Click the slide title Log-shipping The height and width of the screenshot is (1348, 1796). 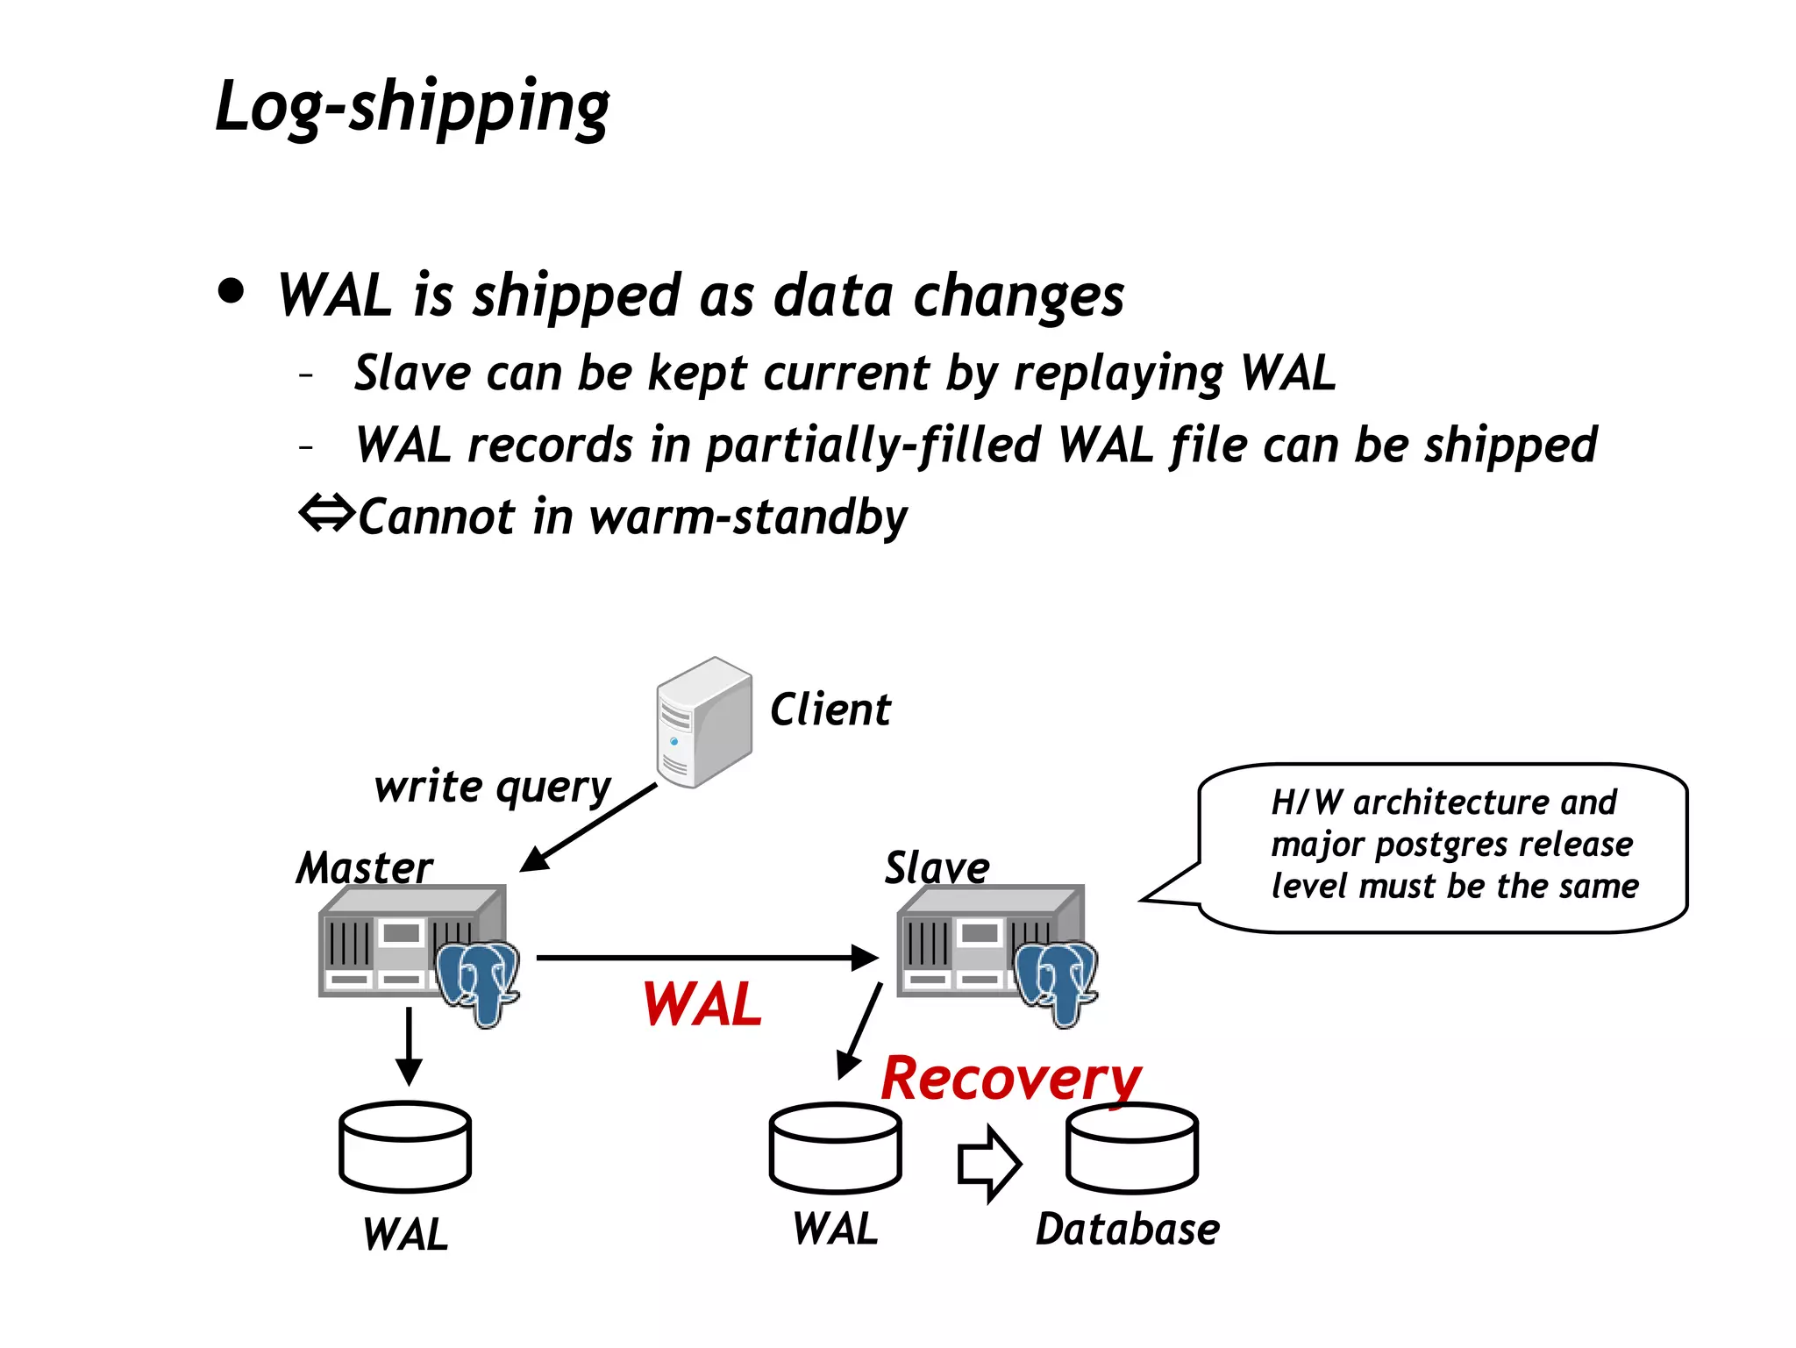(412, 107)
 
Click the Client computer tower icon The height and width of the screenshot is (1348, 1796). (703, 723)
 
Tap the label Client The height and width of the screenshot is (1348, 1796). (830, 710)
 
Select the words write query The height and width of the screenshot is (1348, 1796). (492, 787)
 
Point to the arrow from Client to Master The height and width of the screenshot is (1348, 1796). (588, 827)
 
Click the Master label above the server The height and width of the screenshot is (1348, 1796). (364, 867)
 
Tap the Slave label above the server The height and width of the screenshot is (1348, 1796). (937, 867)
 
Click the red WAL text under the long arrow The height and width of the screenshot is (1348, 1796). (702, 1004)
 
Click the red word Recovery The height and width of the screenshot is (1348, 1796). (1010, 1078)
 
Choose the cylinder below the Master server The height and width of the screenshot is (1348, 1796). (405, 1147)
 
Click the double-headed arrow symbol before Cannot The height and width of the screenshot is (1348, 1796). (326, 513)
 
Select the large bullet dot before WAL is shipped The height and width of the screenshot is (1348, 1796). (232, 291)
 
